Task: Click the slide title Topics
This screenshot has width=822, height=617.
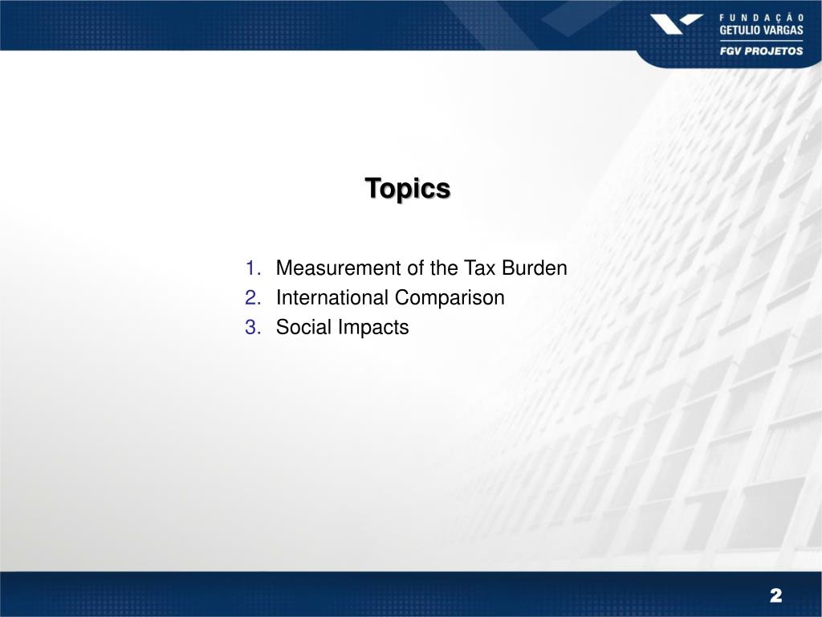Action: [408, 188]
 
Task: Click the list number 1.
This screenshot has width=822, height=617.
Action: [253, 268]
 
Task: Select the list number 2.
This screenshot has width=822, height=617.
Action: [253, 298]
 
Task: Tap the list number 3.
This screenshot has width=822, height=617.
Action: [253, 328]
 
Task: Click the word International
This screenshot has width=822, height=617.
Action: [333, 298]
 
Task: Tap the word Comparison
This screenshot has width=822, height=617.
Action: [450, 298]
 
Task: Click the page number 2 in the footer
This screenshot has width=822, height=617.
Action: [775, 595]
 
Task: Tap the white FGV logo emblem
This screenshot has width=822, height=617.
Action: [676, 24]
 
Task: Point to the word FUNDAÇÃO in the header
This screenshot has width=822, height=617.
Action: [761, 16]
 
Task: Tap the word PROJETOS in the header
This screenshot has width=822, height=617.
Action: [774, 50]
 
